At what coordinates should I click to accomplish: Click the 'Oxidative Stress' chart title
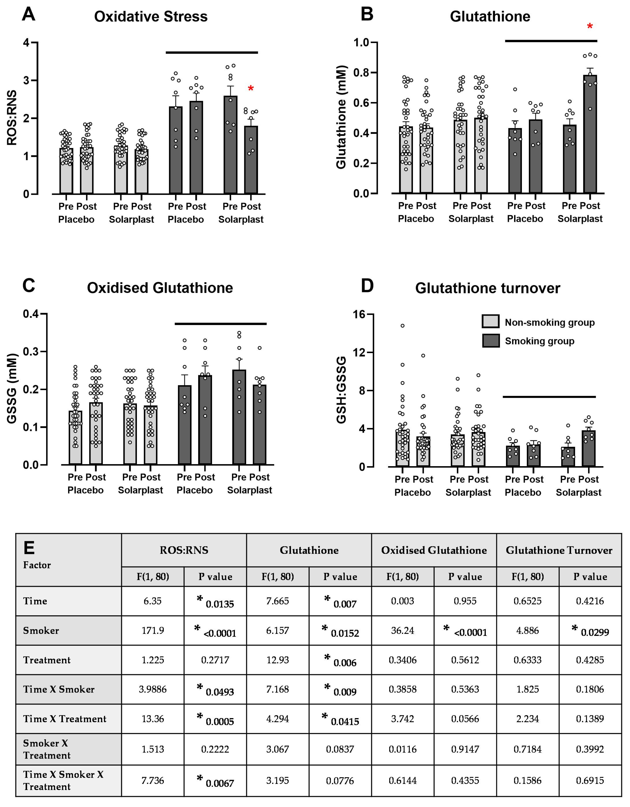(151, 17)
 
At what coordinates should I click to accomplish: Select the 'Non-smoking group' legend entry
(549, 323)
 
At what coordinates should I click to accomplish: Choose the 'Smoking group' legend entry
(539, 341)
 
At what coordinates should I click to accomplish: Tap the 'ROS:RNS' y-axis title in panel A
(12, 117)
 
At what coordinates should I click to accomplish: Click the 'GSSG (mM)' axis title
(12, 388)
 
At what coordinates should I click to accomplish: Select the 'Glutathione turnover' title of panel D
(488, 288)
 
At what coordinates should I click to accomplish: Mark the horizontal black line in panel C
(220, 324)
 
